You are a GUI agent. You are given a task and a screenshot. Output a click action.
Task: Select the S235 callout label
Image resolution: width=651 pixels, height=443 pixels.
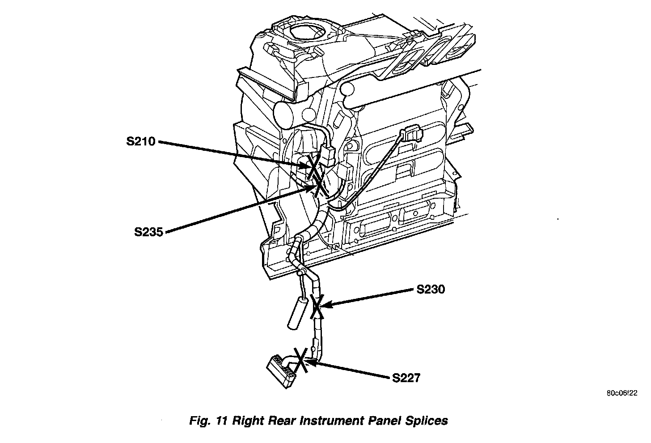pyautogui.click(x=148, y=232)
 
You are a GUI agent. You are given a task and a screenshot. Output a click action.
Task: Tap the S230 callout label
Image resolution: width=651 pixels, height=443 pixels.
pyautogui.click(x=431, y=290)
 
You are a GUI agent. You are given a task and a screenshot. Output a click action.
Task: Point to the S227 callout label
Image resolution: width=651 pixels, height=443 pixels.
pyautogui.click(x=406, y=378)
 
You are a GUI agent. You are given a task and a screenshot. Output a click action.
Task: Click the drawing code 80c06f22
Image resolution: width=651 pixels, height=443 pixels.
pyautogui.click(x=621, y=394)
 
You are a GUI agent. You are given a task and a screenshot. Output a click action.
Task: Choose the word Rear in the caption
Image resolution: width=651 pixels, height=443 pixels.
pyautogui.click(x=280, y=421)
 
